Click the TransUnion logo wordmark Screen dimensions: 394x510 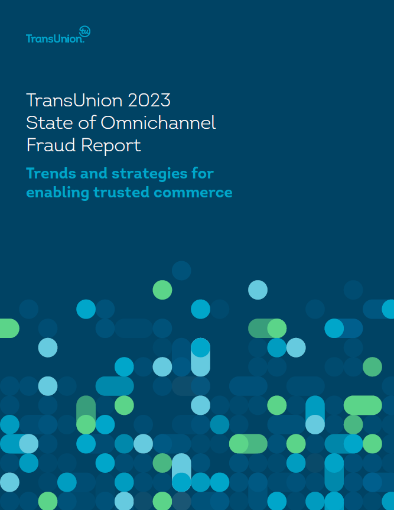point(55,38)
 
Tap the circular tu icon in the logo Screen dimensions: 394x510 point(85,31)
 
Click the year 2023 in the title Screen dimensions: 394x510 point(149,100)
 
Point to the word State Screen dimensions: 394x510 point(50,122)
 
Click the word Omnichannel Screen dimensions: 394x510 point(158,122)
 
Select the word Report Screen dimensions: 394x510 point(111,145)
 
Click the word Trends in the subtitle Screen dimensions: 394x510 point(51,173)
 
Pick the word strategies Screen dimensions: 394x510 point(149,174)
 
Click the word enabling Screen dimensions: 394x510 point(57,193)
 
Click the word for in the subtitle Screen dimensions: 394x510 point(203,173)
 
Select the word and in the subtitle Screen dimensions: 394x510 point(93,173)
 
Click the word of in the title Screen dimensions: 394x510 point(87,122)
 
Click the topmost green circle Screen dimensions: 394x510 point(162,290)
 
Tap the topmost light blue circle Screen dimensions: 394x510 point(258,290)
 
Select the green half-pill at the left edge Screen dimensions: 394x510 point(9,328)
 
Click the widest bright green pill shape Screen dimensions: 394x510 point(363,405)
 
